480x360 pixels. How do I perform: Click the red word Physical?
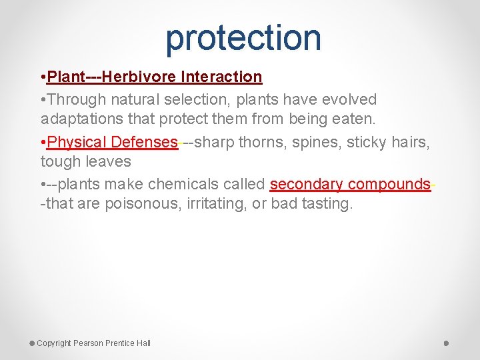tap(77, 143)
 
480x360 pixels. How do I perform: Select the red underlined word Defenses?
tap(145, 143)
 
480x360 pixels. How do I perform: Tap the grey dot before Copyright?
tap(32, 343)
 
